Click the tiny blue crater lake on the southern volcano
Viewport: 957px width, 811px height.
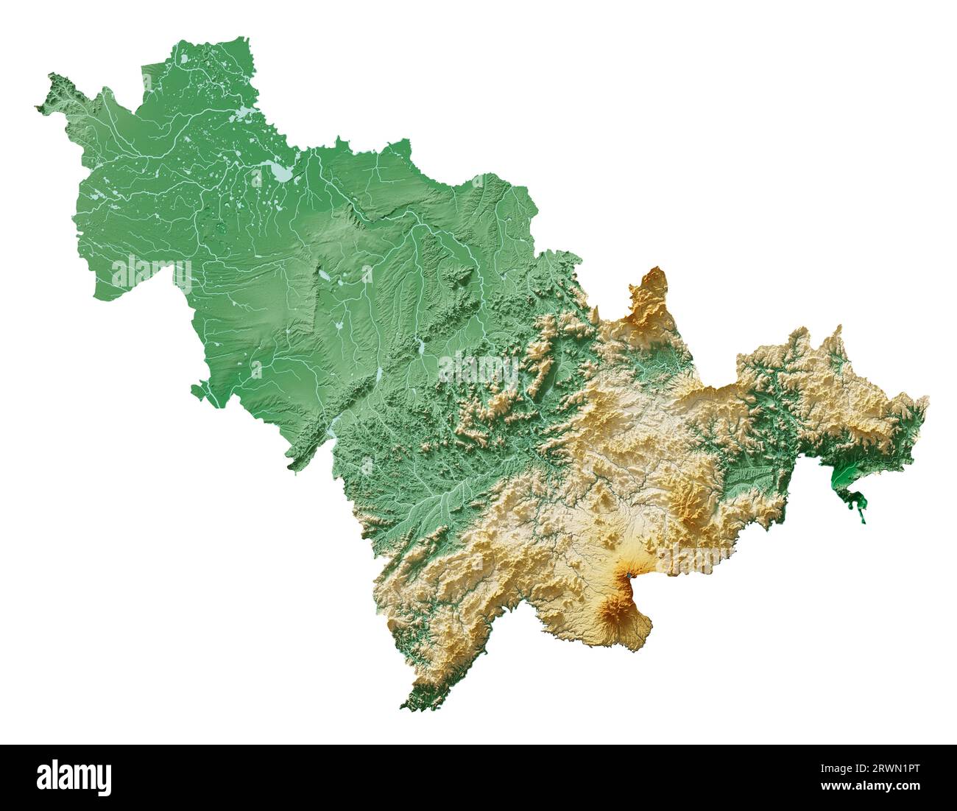coord(629,575)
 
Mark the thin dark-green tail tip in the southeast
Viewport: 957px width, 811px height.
coord(864,520)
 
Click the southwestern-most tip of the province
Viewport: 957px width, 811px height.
coord(403,709)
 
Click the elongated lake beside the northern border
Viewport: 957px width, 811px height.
coord(241,114)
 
